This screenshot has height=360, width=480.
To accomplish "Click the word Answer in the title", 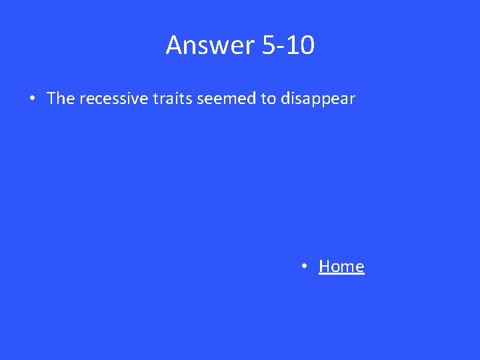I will pos(211,45).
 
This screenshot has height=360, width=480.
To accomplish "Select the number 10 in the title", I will pos(301,45).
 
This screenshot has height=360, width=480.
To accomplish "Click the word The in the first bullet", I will pos(61,99).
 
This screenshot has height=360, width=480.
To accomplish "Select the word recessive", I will pos(112,99).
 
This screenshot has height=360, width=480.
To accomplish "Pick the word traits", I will pos(170,99).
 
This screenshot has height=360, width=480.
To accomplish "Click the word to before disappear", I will pos(268,99).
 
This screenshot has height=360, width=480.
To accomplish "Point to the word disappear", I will pos(318,99).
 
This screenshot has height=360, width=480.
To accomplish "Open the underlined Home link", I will pos(341,267).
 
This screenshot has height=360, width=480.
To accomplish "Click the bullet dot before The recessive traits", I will pos(32,99).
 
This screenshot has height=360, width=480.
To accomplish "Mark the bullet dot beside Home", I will pos(303,267).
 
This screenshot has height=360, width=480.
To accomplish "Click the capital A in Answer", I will pos(174,45).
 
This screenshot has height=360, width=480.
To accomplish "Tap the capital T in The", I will pos(52,99).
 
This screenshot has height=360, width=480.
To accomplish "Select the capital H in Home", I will pos(325,267).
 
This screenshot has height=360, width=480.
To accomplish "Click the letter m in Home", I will pos(347,268).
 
